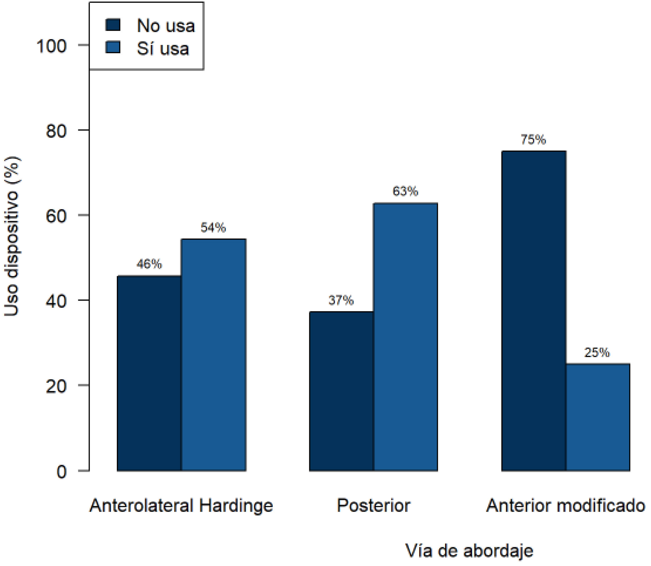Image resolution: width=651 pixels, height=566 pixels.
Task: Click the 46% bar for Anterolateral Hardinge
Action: (x=149, y=373)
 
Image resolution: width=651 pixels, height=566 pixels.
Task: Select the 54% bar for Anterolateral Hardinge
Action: (x=213, y=355)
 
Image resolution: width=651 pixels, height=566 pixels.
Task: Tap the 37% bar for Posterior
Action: (x=342, y=391)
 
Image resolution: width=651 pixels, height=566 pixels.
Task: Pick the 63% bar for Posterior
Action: (x=406, y=337)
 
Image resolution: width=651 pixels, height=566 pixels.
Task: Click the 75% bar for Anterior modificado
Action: (x=533, y=311)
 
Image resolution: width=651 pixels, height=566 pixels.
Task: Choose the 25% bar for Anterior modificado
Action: (x=598, y=418)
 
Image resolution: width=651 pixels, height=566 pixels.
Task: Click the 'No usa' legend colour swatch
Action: (x=113, y=25)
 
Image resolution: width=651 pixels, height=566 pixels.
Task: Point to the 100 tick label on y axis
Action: (x=52, y=46)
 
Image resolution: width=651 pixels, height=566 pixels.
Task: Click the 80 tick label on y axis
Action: (x=57, y=131)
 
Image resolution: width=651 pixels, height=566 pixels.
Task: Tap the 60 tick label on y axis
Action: (x=57, y=216)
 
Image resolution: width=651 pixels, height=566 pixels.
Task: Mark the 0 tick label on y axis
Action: (x=62, y=472)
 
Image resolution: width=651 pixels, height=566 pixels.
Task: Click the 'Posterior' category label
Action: (x=374, y=505)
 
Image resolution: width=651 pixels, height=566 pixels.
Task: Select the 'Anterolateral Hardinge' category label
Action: (x=181, y=506)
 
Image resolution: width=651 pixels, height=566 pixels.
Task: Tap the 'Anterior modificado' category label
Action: (x=565, y=505)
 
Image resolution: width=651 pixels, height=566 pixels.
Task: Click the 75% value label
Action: (x=533, y=139)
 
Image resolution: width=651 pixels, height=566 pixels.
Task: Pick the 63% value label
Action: (x=406, y=191)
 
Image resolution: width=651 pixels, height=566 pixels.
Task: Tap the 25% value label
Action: (x=597, y=353)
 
